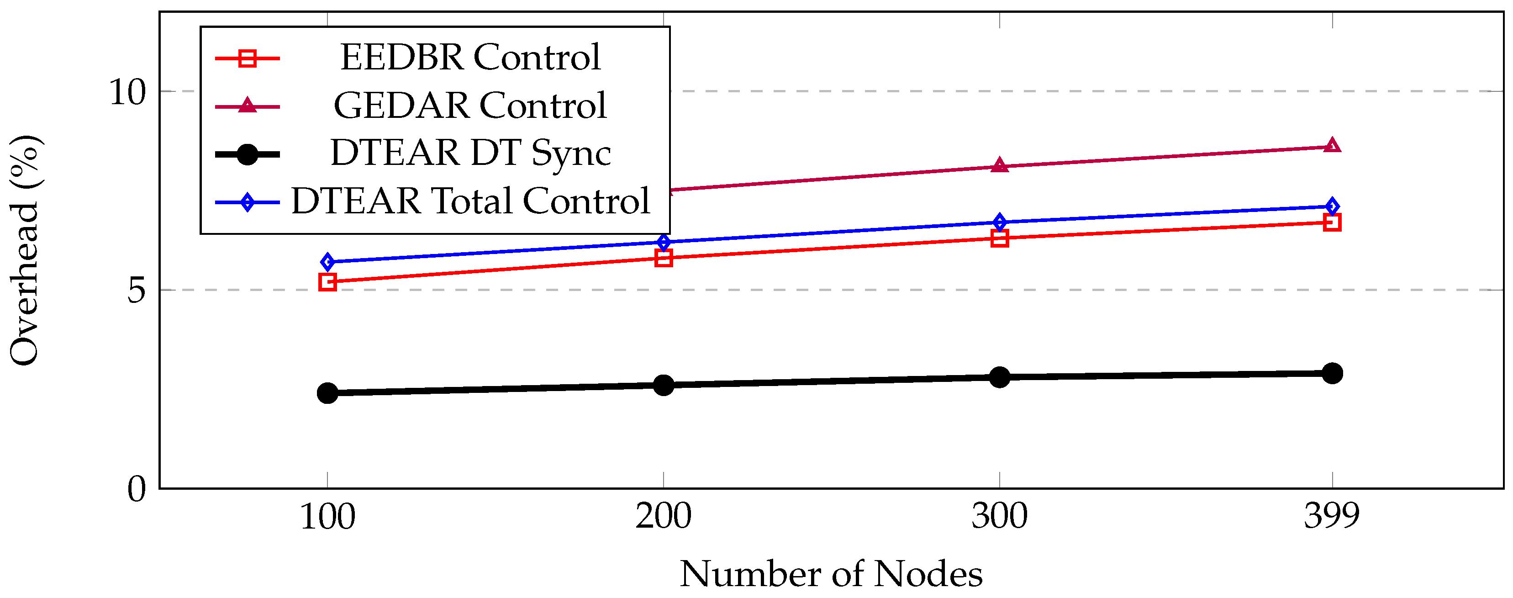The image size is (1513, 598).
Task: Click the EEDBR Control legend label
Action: pos(470,58)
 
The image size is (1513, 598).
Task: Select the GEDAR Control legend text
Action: pos(470,106)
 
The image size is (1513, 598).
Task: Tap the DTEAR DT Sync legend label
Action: pos(470,153)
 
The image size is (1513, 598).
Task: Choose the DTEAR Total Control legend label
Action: pos(470,201)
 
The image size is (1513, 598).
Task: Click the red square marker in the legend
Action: pos(247,58)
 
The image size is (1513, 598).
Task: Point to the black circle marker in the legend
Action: pos(247,154)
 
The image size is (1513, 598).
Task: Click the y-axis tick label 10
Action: pos(127,92)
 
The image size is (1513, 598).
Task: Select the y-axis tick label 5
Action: pos(136,290)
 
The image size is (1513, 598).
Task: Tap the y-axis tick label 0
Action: pos(136,489)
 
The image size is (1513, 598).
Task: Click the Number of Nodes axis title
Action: pos(831,574)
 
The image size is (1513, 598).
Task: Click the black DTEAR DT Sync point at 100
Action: pos(327,393)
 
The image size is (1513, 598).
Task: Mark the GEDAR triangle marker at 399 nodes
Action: pos(1332,145)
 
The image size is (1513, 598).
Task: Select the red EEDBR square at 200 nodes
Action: pos(663,258)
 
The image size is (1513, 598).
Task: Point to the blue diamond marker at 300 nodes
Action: pos(999,222)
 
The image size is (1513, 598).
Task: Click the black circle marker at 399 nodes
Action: pos(1332,373)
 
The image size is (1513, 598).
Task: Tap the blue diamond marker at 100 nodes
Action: pos(327,262)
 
